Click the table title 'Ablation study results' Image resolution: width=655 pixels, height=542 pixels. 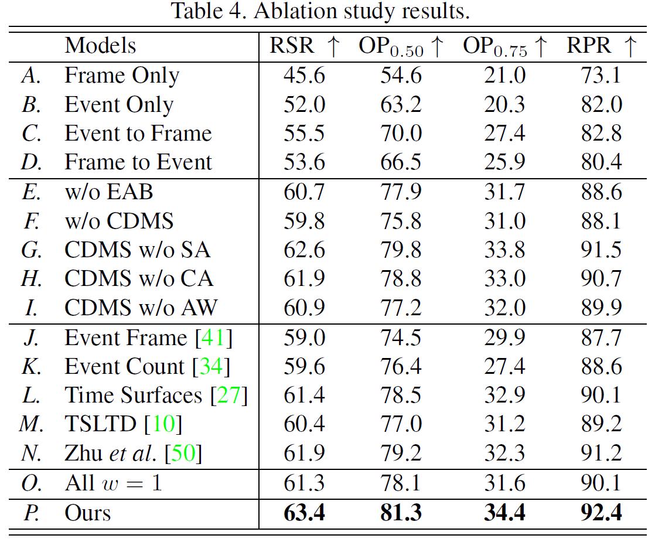tap(320, 12)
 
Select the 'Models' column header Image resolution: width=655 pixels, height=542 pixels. tap(100, 46)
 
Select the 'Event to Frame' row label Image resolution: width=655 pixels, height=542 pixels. tap(138, 134)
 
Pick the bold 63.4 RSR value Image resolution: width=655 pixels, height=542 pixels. tap(305, 513)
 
